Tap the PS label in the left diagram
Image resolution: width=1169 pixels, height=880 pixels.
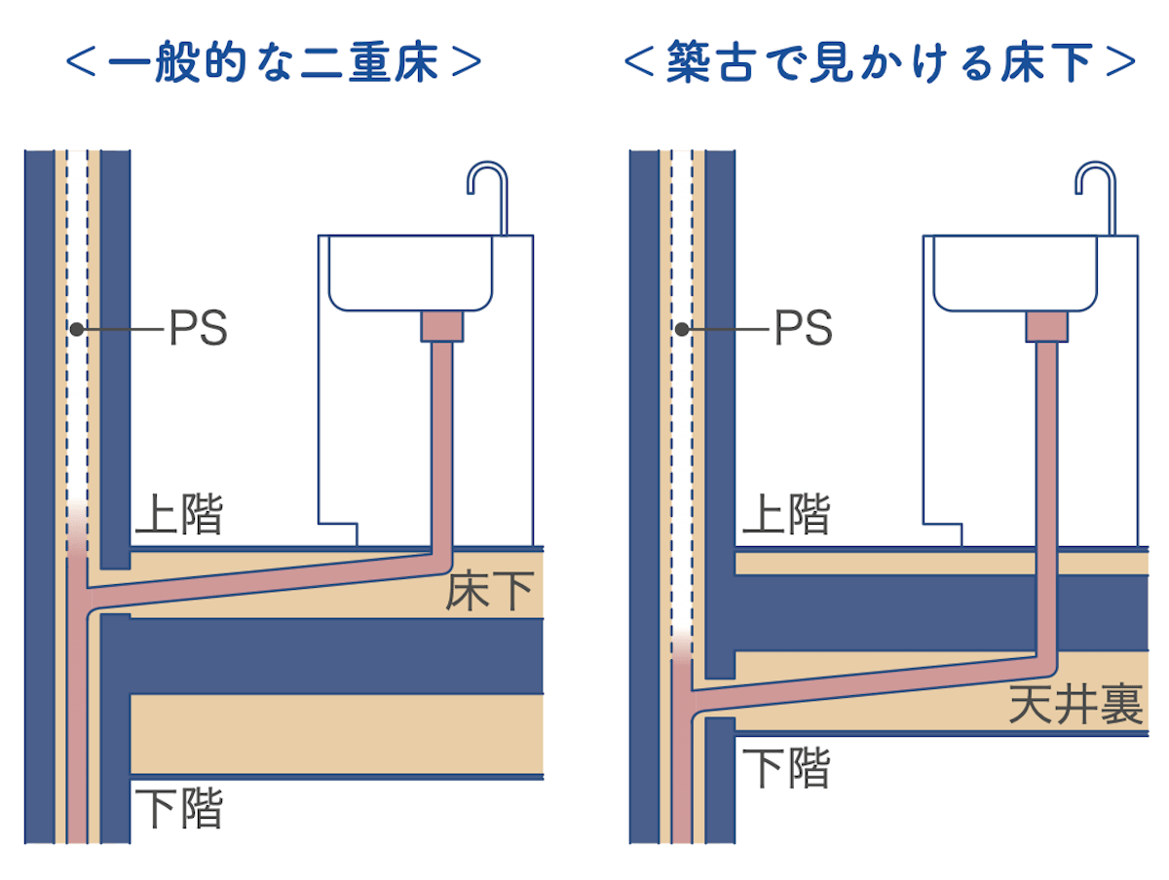pyautogui.click(x=199, y=330)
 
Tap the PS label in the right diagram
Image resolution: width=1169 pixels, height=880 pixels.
pyautogui.click(x=804, y=330)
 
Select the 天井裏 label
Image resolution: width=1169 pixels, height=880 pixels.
pyautogui.click(x=1075, y=705)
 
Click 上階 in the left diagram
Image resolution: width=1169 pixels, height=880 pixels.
pyautogui.click(x=179, y=515)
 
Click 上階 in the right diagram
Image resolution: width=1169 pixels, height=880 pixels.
pyautogui.click(x=785, y=515)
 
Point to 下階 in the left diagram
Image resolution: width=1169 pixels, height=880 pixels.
pyautogui.click(x=179, y=807)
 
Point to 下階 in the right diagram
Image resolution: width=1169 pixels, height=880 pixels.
pyautogui.click(x=785, y=768)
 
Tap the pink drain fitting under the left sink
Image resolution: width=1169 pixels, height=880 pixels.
pyautogui.click(x=442, y=326)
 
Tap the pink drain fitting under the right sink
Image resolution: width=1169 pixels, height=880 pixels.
pyautogui.click(x=1048, y=326)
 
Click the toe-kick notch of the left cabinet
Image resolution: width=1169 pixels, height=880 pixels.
pyautogui.click(x=338, y=533)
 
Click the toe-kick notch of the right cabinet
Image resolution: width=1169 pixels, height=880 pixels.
pyautogui.click(x=943, y=533)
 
